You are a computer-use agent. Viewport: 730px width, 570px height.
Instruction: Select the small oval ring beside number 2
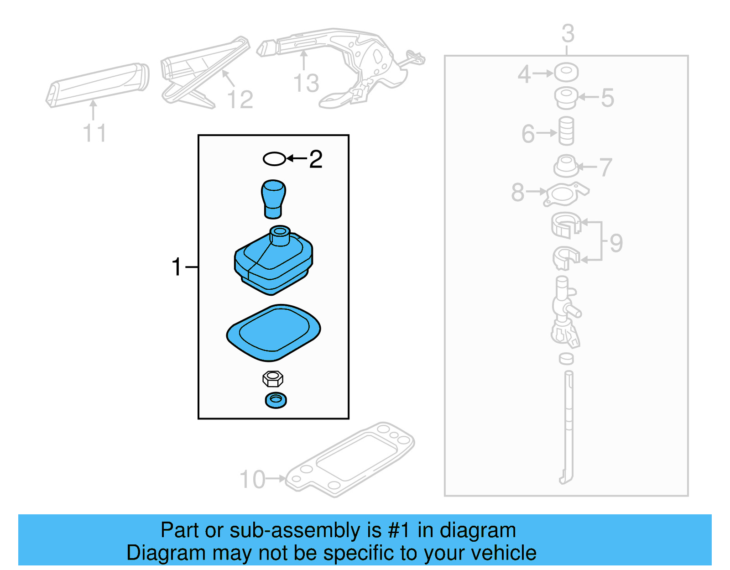[x=274, y=159]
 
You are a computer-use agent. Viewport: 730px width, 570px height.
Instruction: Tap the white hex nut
[x=273, y=379]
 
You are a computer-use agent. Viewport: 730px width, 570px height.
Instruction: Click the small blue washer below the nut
[x=276, y=400]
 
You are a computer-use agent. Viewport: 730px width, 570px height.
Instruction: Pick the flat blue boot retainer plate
[x=273, y=332]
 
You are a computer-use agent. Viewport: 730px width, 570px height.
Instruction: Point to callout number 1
[x=176, y=267]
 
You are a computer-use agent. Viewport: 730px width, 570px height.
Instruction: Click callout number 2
[x=316, y=159]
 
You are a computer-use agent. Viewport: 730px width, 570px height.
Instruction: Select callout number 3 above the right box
[x=568, y=33]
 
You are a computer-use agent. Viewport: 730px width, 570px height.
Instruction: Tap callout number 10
[x=252, y=480]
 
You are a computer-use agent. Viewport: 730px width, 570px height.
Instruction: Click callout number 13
[x=306, y=83]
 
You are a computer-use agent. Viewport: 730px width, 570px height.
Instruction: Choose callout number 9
[x=616, y=243]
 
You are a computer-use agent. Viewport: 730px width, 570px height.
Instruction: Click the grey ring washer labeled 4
[x=566, y=72]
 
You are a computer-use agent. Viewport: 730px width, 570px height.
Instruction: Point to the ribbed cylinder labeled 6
[x=566, y=131]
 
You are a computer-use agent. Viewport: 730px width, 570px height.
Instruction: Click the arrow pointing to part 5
[x=588, y=97]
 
